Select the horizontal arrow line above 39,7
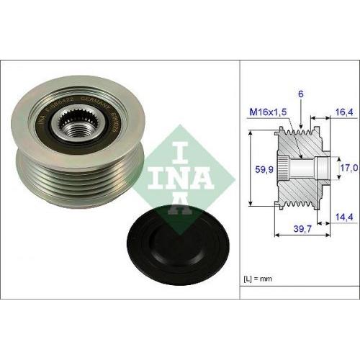(x=300, y=235)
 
